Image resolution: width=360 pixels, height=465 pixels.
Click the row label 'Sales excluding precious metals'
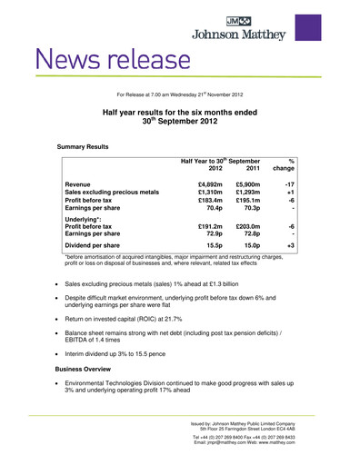(x=116, y=193)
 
